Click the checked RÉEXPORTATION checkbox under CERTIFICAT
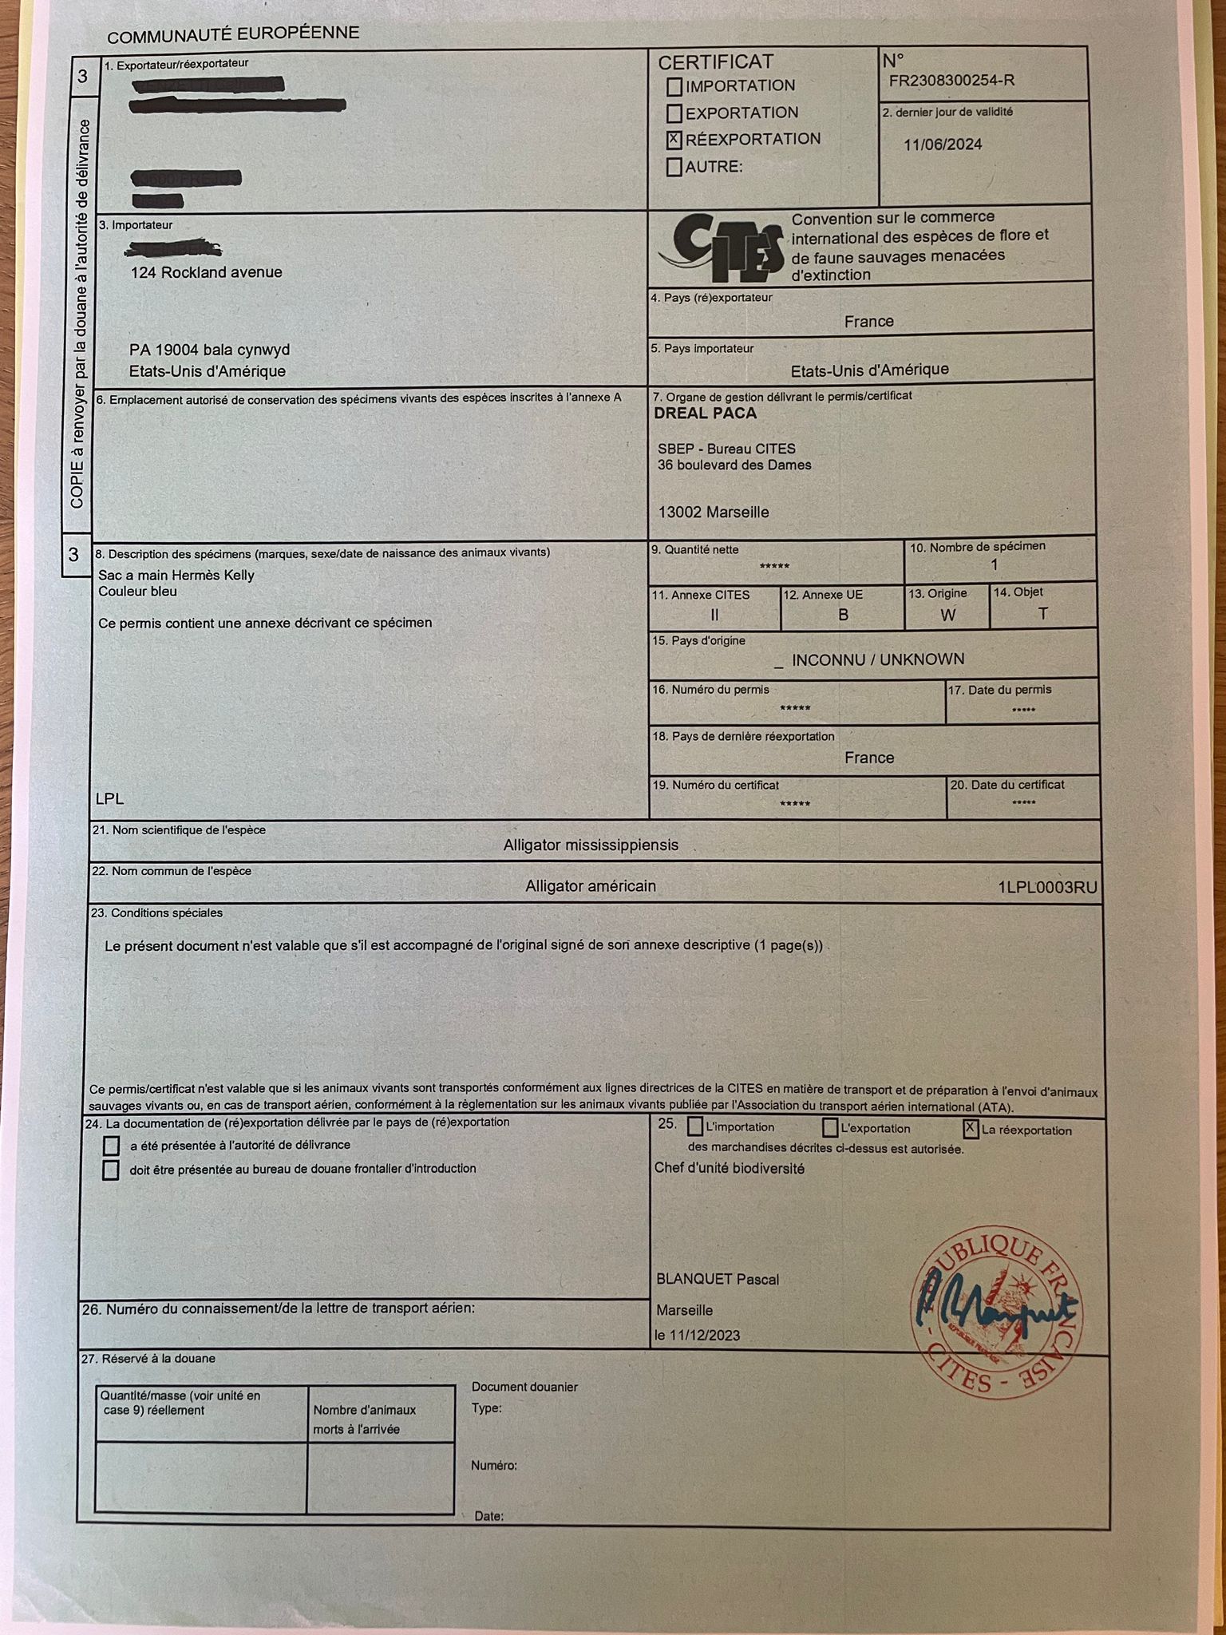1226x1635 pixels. pyautogui.click(x=674, y=140)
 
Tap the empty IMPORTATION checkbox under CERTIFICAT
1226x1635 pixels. pyautogui.click(x=674, y=86)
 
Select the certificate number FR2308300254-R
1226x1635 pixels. pyautogui.click(x=951, y=81)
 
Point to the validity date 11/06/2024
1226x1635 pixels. pyautogui.click(x=943, y=144)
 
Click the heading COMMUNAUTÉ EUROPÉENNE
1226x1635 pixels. pyautogui.click(x=233, y=35)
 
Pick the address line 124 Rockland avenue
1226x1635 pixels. pyautogui.click(x=206, y=272)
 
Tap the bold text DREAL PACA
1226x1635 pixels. pyautogui.click(x=705, y=414)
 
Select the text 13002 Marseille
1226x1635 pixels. pyautogui.click(x=714, y=513)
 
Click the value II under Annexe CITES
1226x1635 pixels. pyautogui.click(x=714, y=615)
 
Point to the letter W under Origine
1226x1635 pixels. pyautogui.click(x=947, y=615)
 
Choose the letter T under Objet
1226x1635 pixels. pyautogui.click(x=1042, y=613)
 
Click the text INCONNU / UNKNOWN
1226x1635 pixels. pyautogui.click(x=877, y=659)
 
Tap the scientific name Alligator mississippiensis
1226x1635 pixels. pyautogui.click(x=591, y=845)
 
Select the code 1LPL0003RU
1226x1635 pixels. pyautogui.click(x=1047, y=887)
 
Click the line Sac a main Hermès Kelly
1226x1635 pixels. pyautogui.click(x=176, y=575)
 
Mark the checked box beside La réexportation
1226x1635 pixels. pyautogui.click(x=971, y=1128)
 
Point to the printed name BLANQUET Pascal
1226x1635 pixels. pyautogui.click(x=718, y=1279)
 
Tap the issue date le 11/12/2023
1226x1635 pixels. pyautogui.click(x=697, y=1335)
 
